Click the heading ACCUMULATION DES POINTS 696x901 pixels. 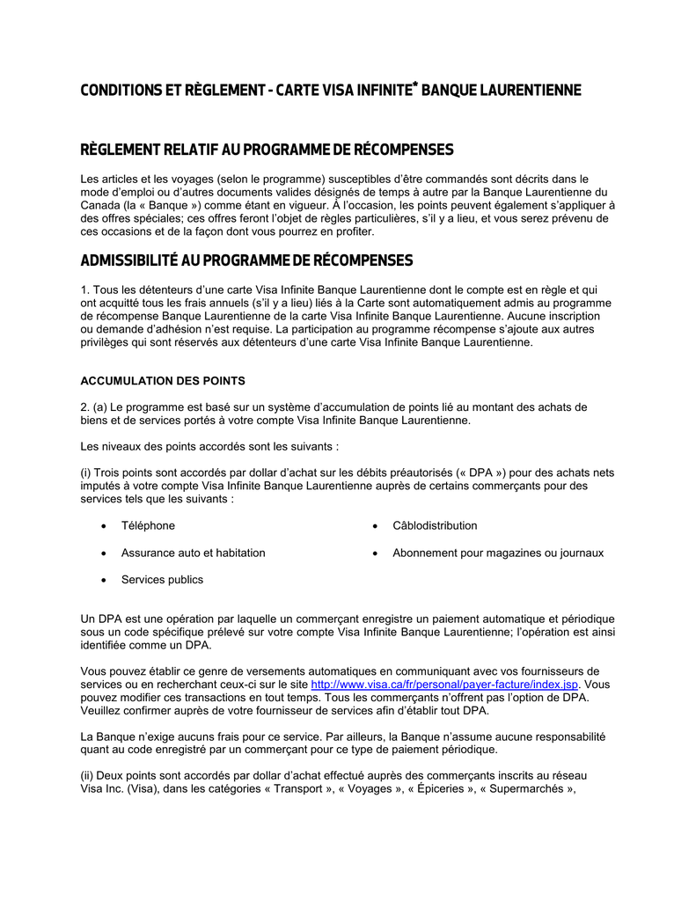pos(163,381)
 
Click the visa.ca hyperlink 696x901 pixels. pos(445,684)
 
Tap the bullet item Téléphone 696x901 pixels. pos(148,525)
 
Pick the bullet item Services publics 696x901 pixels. pos(162,580)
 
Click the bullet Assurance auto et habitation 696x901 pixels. pos(193,553)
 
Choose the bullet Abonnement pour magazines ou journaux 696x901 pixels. pos(498,553)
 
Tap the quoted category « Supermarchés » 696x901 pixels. pos(527,788)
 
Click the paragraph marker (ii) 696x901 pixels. pos(88,775)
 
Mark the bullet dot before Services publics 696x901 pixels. pos(105,580)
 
